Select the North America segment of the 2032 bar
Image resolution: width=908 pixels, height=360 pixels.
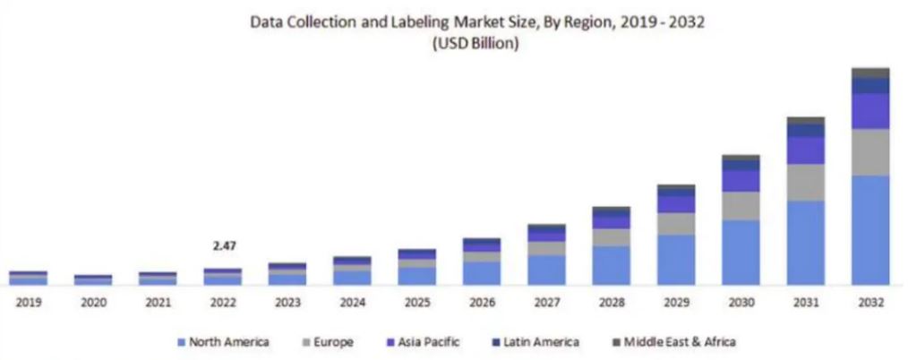pos(869,230)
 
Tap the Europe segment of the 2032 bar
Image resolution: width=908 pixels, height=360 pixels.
pos(869,152)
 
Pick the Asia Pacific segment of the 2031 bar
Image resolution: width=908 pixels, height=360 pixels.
pos(805,150)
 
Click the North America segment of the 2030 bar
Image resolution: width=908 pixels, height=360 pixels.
pos(741,253)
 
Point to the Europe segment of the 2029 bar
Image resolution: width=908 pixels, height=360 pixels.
pos(676,224)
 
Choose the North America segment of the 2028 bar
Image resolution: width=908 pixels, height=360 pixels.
pos(611,266)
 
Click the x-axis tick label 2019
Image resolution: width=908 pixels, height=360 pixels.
pos(29,303)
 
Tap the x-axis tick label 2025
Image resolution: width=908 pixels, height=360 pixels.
pos(416,303)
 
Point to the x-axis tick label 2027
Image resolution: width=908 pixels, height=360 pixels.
pos(546,303)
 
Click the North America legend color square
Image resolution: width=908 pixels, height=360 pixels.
pos(181,342)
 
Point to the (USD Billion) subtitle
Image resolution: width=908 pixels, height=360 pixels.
pos(475,44)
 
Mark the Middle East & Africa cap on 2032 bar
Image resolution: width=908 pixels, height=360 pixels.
pos(869,73)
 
